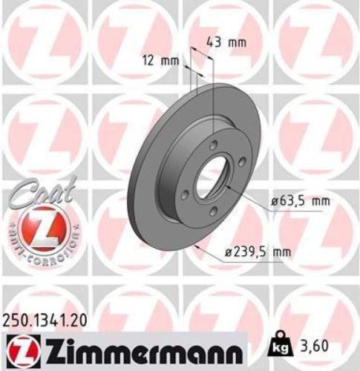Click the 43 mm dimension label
226,42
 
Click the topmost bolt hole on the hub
213,145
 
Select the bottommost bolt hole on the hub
212,213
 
